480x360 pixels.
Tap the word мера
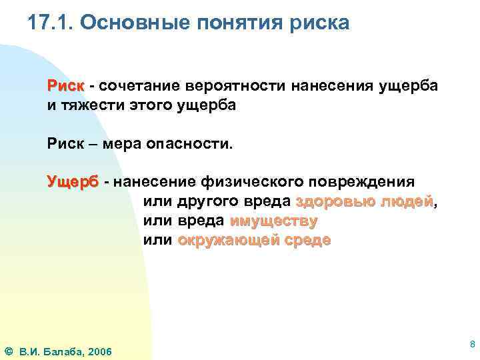coord(127,143)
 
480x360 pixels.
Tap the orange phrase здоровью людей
coord(364,201)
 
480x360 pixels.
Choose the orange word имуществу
coord(273,221)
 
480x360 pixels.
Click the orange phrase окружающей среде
coord(253,240)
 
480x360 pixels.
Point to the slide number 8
coord(472,345)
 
